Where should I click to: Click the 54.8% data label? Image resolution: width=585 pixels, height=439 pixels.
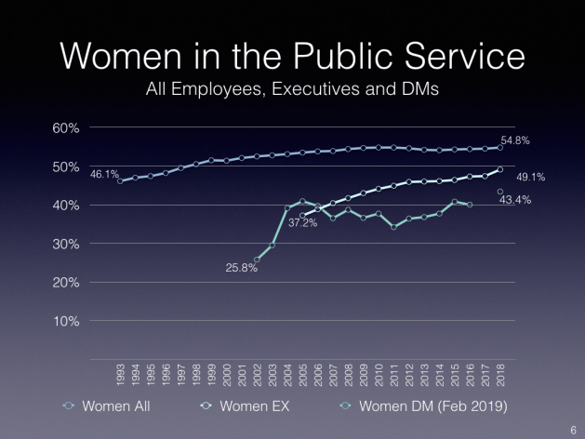pos(515,140)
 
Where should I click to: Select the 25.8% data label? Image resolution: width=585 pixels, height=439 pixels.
pos(240,268)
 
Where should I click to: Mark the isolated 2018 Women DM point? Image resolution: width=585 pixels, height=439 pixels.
pos(500,192)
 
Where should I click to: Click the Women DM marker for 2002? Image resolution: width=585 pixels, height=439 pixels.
pos(257,259)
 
